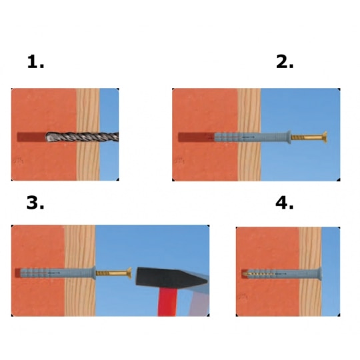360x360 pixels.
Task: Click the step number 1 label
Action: pyautogui.click(x=35, y=61)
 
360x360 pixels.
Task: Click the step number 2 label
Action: pyautogui.click(x=285, y=61)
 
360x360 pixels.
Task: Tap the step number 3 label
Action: pyautogui.click(x=35, y=202)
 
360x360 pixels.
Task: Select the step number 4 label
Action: pyautogui.click(x=285, y=202)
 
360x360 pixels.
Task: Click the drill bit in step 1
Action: pyautogui.click(x=82, y=137)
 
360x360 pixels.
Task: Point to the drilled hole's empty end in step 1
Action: pyautogui.click(x=31, y=137)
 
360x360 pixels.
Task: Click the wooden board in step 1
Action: pyautogui.click(x=88, y=134)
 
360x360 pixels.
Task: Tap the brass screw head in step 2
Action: pyautogui.click(x=325, y=137)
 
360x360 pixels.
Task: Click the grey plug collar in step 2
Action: pyautogui.click(x=289, y=137)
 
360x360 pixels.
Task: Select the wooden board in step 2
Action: pyautogui.click(x=249, y=135)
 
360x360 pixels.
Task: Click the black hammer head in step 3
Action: pyautogui.click(x=172, y=277)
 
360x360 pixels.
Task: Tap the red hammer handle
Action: pyautogui.click(x=167, y=302)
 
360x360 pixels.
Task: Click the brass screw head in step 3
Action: pyautogui.click(x=129, y=273)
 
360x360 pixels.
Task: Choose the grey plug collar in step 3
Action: pyautogui.click(x=94, y=273)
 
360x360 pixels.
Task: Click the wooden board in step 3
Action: pyautogui.click(x=80, y=271)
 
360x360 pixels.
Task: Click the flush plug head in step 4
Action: pyautogui.click(x=319, y=274)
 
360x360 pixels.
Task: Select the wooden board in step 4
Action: pyautogui.click(x=310, y=271)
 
